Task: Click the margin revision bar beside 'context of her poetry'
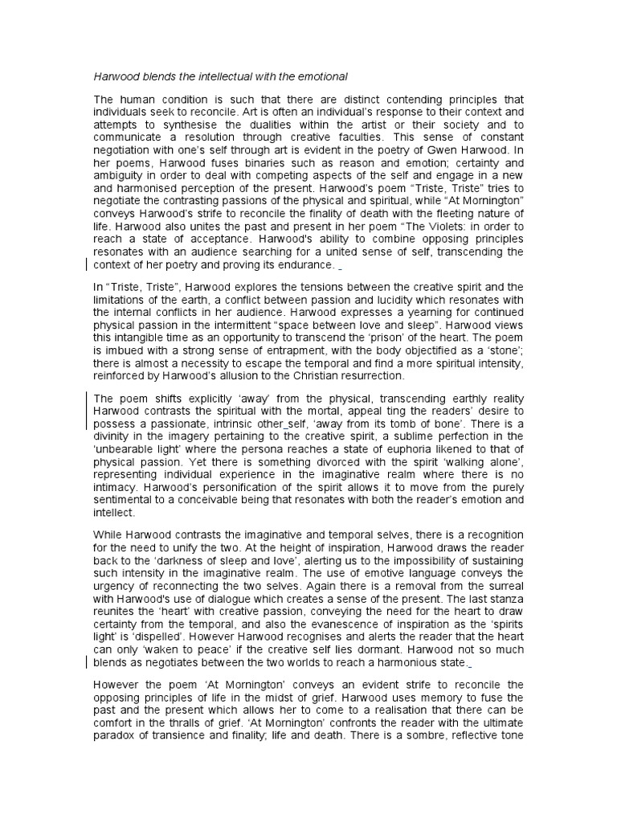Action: point(87,264)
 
